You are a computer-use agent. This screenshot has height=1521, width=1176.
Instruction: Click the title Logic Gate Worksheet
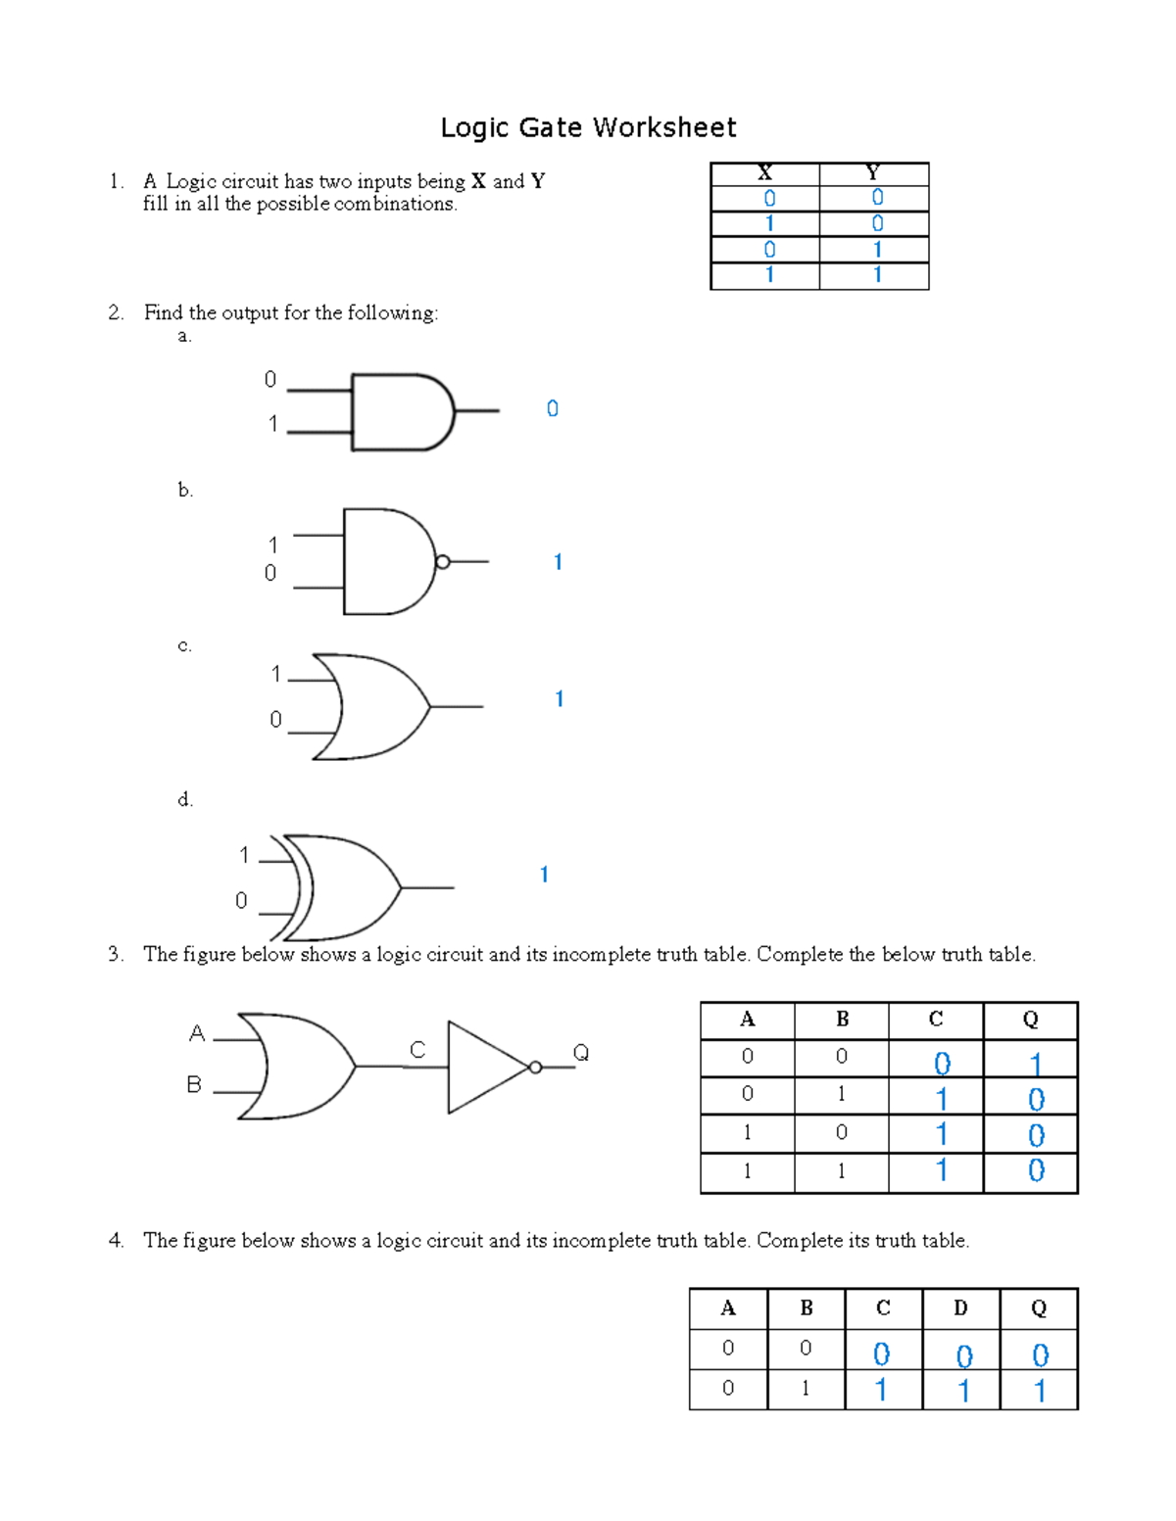click(588, 127)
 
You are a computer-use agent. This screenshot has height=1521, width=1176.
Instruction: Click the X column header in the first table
click(765, 173)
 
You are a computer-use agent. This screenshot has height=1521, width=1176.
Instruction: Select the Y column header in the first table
click(873, 173)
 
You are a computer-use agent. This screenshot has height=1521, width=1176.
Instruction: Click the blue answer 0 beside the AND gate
click(553, 408)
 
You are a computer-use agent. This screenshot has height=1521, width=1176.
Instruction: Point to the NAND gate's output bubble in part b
click(443, 562)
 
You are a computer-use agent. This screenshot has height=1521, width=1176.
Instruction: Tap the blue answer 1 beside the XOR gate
click(544, 875)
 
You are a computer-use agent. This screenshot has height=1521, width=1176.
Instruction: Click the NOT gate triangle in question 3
click(484, 1067)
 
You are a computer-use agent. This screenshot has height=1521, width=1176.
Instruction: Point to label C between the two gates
click(417, 1050)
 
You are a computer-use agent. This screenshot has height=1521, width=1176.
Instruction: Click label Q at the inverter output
click(581, 1053)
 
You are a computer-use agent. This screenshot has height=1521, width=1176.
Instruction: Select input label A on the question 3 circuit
click(197, 1033)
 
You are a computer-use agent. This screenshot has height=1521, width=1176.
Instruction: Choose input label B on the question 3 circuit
click(194, 1084)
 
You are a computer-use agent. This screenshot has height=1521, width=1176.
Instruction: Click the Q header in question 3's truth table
click(1030, 1020)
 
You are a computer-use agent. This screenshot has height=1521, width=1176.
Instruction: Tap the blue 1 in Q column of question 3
click(1036, 1064)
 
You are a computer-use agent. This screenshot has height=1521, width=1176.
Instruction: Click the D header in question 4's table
click(960, 1307)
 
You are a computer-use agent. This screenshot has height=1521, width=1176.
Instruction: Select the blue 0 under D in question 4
click(964, 1355)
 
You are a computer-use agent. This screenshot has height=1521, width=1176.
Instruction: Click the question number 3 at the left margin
click(116, 954)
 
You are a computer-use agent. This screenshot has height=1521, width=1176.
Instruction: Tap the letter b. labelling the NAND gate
click(185, 490)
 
